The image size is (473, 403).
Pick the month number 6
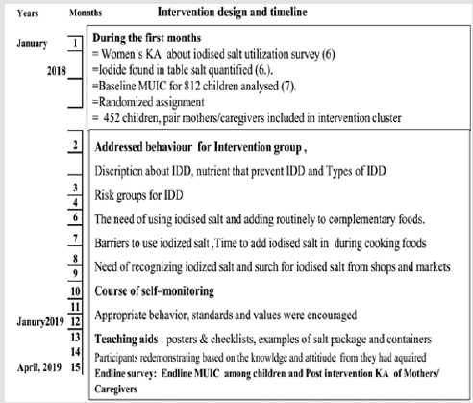pyautogui.click(x=76, y=219)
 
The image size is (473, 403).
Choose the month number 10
pyautogui.click(x=76, y=290)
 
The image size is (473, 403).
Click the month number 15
pyautogui.click(x=76, y=367)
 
